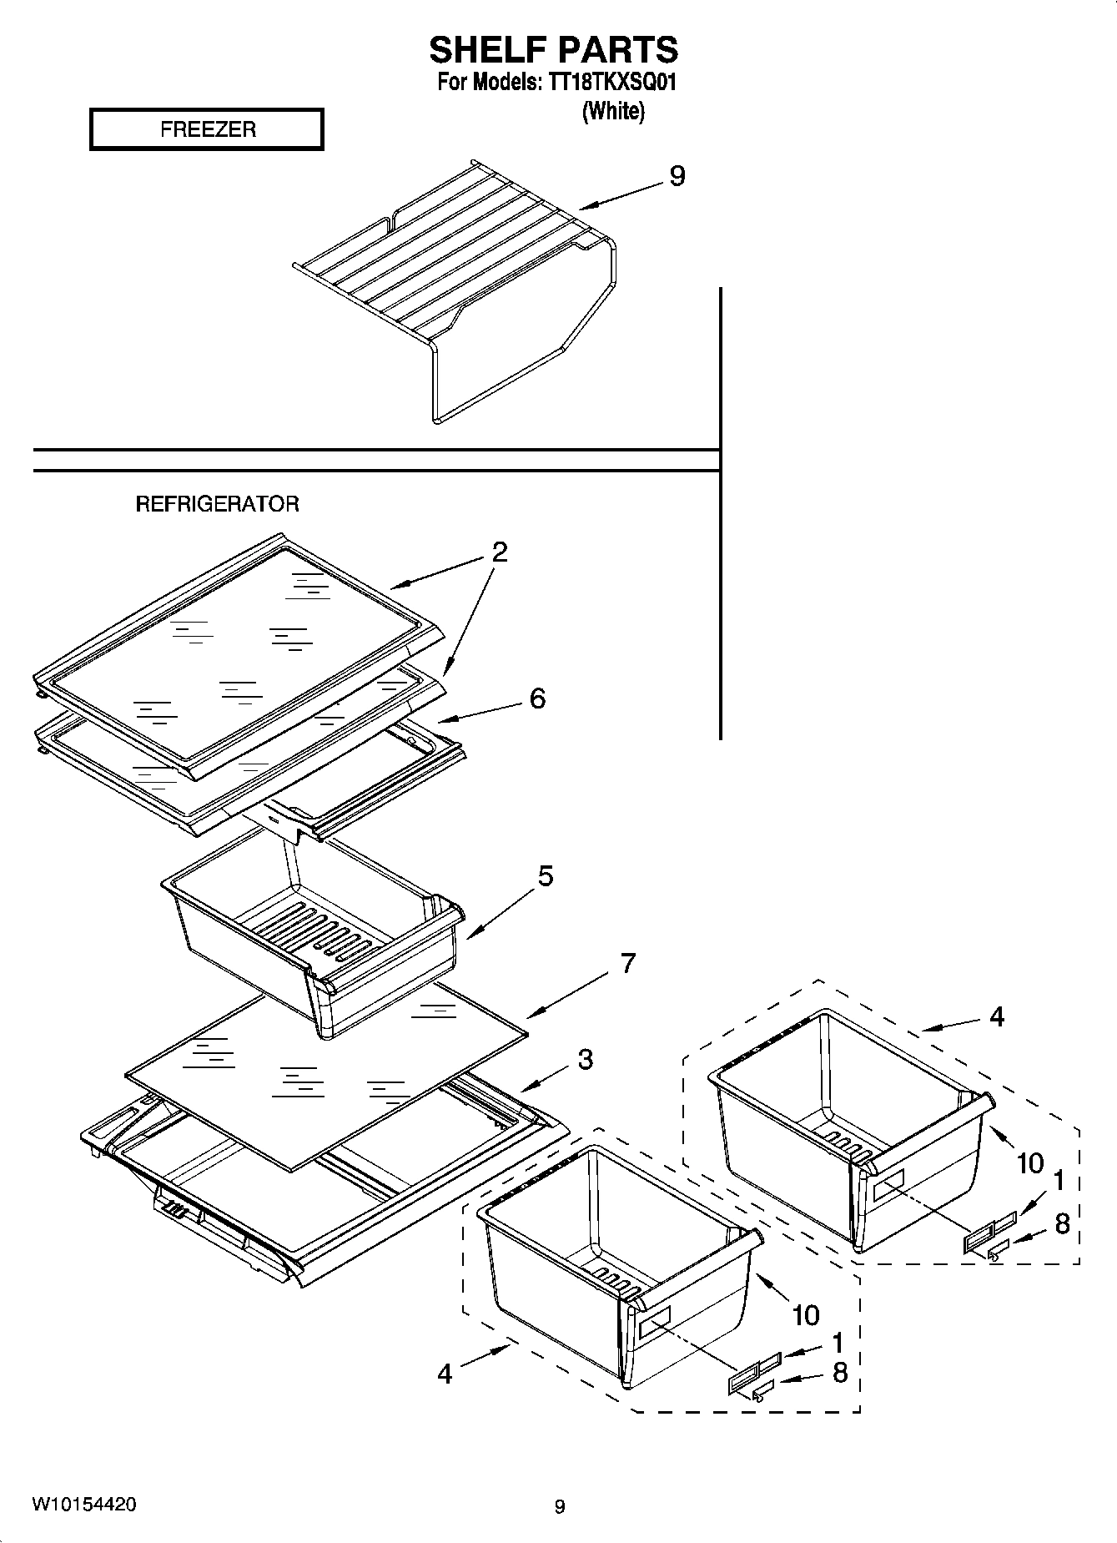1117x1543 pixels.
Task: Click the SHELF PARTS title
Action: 553,50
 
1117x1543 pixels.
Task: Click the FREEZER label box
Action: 207,129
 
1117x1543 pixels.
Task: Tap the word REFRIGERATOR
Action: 217,504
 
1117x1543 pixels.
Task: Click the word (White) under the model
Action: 613,111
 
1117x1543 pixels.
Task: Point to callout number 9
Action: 677,176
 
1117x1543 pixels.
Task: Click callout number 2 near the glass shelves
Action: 499,552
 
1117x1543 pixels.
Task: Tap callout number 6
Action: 537,698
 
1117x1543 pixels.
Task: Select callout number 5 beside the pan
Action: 545,876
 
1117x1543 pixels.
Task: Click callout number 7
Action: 627,963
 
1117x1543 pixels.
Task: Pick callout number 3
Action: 585,1060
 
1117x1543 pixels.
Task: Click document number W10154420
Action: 83,1505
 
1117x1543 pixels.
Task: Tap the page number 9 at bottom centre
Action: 560,1506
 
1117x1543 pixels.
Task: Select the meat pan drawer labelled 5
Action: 317,943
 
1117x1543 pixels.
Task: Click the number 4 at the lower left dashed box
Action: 445,1374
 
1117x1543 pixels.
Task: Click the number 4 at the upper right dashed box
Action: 997,1016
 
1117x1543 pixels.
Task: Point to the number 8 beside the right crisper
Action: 1062,1224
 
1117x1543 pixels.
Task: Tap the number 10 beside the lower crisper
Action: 805,1316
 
